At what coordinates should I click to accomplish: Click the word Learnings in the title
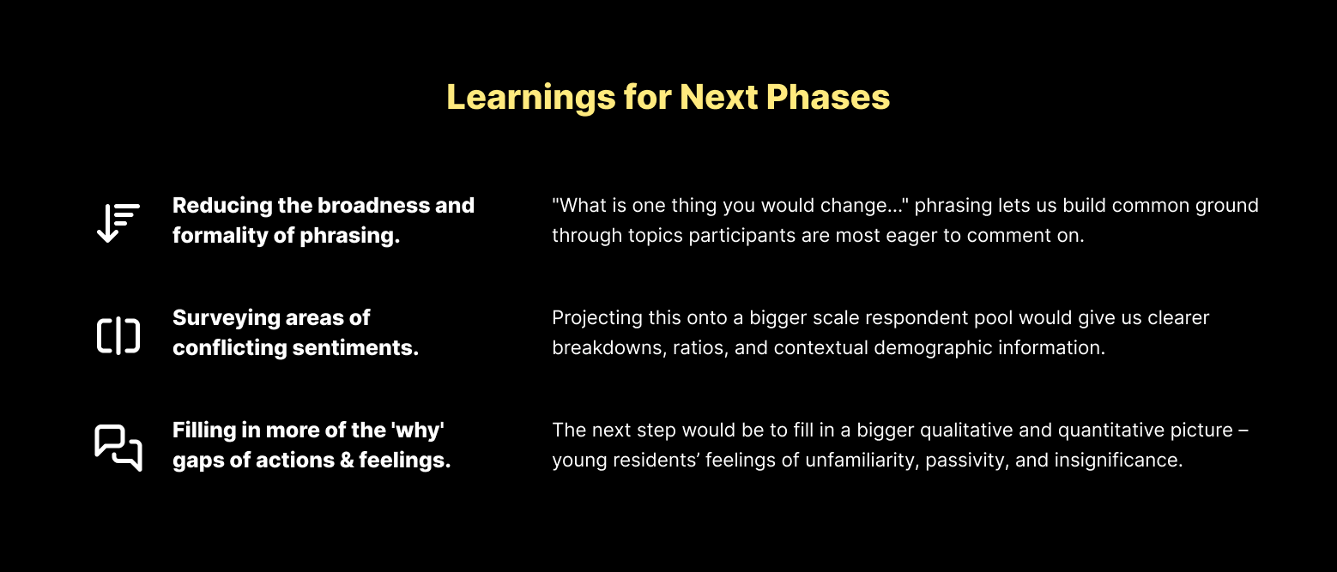(530, 97)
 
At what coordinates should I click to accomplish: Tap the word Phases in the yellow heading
(828, 97)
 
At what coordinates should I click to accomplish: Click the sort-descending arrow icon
(118, 222)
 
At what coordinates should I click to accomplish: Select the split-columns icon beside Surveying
(118, 335)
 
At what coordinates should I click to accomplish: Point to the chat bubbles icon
(118, 448)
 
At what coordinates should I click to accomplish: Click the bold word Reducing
(222, 206)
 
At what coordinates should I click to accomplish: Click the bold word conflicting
(230, 347)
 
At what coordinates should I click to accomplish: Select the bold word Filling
(204, 431)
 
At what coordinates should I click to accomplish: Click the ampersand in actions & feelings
(346, 461)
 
